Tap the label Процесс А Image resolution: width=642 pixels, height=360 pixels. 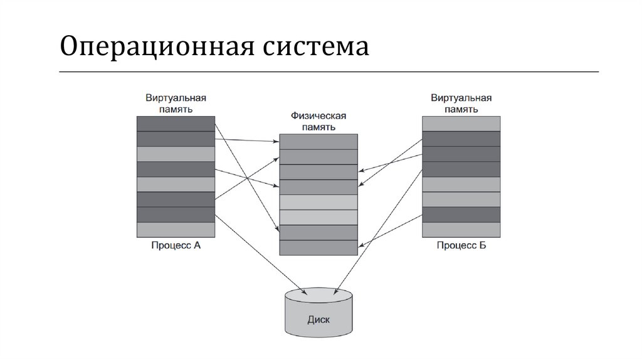click(x=176, y=245)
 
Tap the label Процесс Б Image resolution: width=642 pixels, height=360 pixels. click(x=461, y=245)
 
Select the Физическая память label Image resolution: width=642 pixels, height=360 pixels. click(x=318, y=121)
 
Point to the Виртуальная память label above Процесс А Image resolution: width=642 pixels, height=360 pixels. click(x=176, y=103)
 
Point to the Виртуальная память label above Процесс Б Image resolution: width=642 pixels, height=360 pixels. click(x=461, y=103)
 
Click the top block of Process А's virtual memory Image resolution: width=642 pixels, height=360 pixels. click(x=176, y=124)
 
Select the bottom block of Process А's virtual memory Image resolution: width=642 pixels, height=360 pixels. click(x=176, y=230)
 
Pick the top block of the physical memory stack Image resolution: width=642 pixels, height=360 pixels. click(x=318, y=142)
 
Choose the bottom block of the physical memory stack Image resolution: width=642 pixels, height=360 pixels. click(x=318, y=247)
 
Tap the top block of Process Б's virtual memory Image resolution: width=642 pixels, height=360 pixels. click(x=461, y=124)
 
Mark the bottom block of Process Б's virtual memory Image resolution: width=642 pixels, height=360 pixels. click(x=461, y=230)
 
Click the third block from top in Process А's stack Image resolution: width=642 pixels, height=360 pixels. click(x=176, y=154)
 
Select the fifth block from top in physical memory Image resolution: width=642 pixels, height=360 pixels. click(x=318, y=202)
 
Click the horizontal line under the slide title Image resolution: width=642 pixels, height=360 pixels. click(x=329, y=72)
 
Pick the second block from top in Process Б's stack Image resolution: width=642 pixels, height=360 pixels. click(x=461, y=139)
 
